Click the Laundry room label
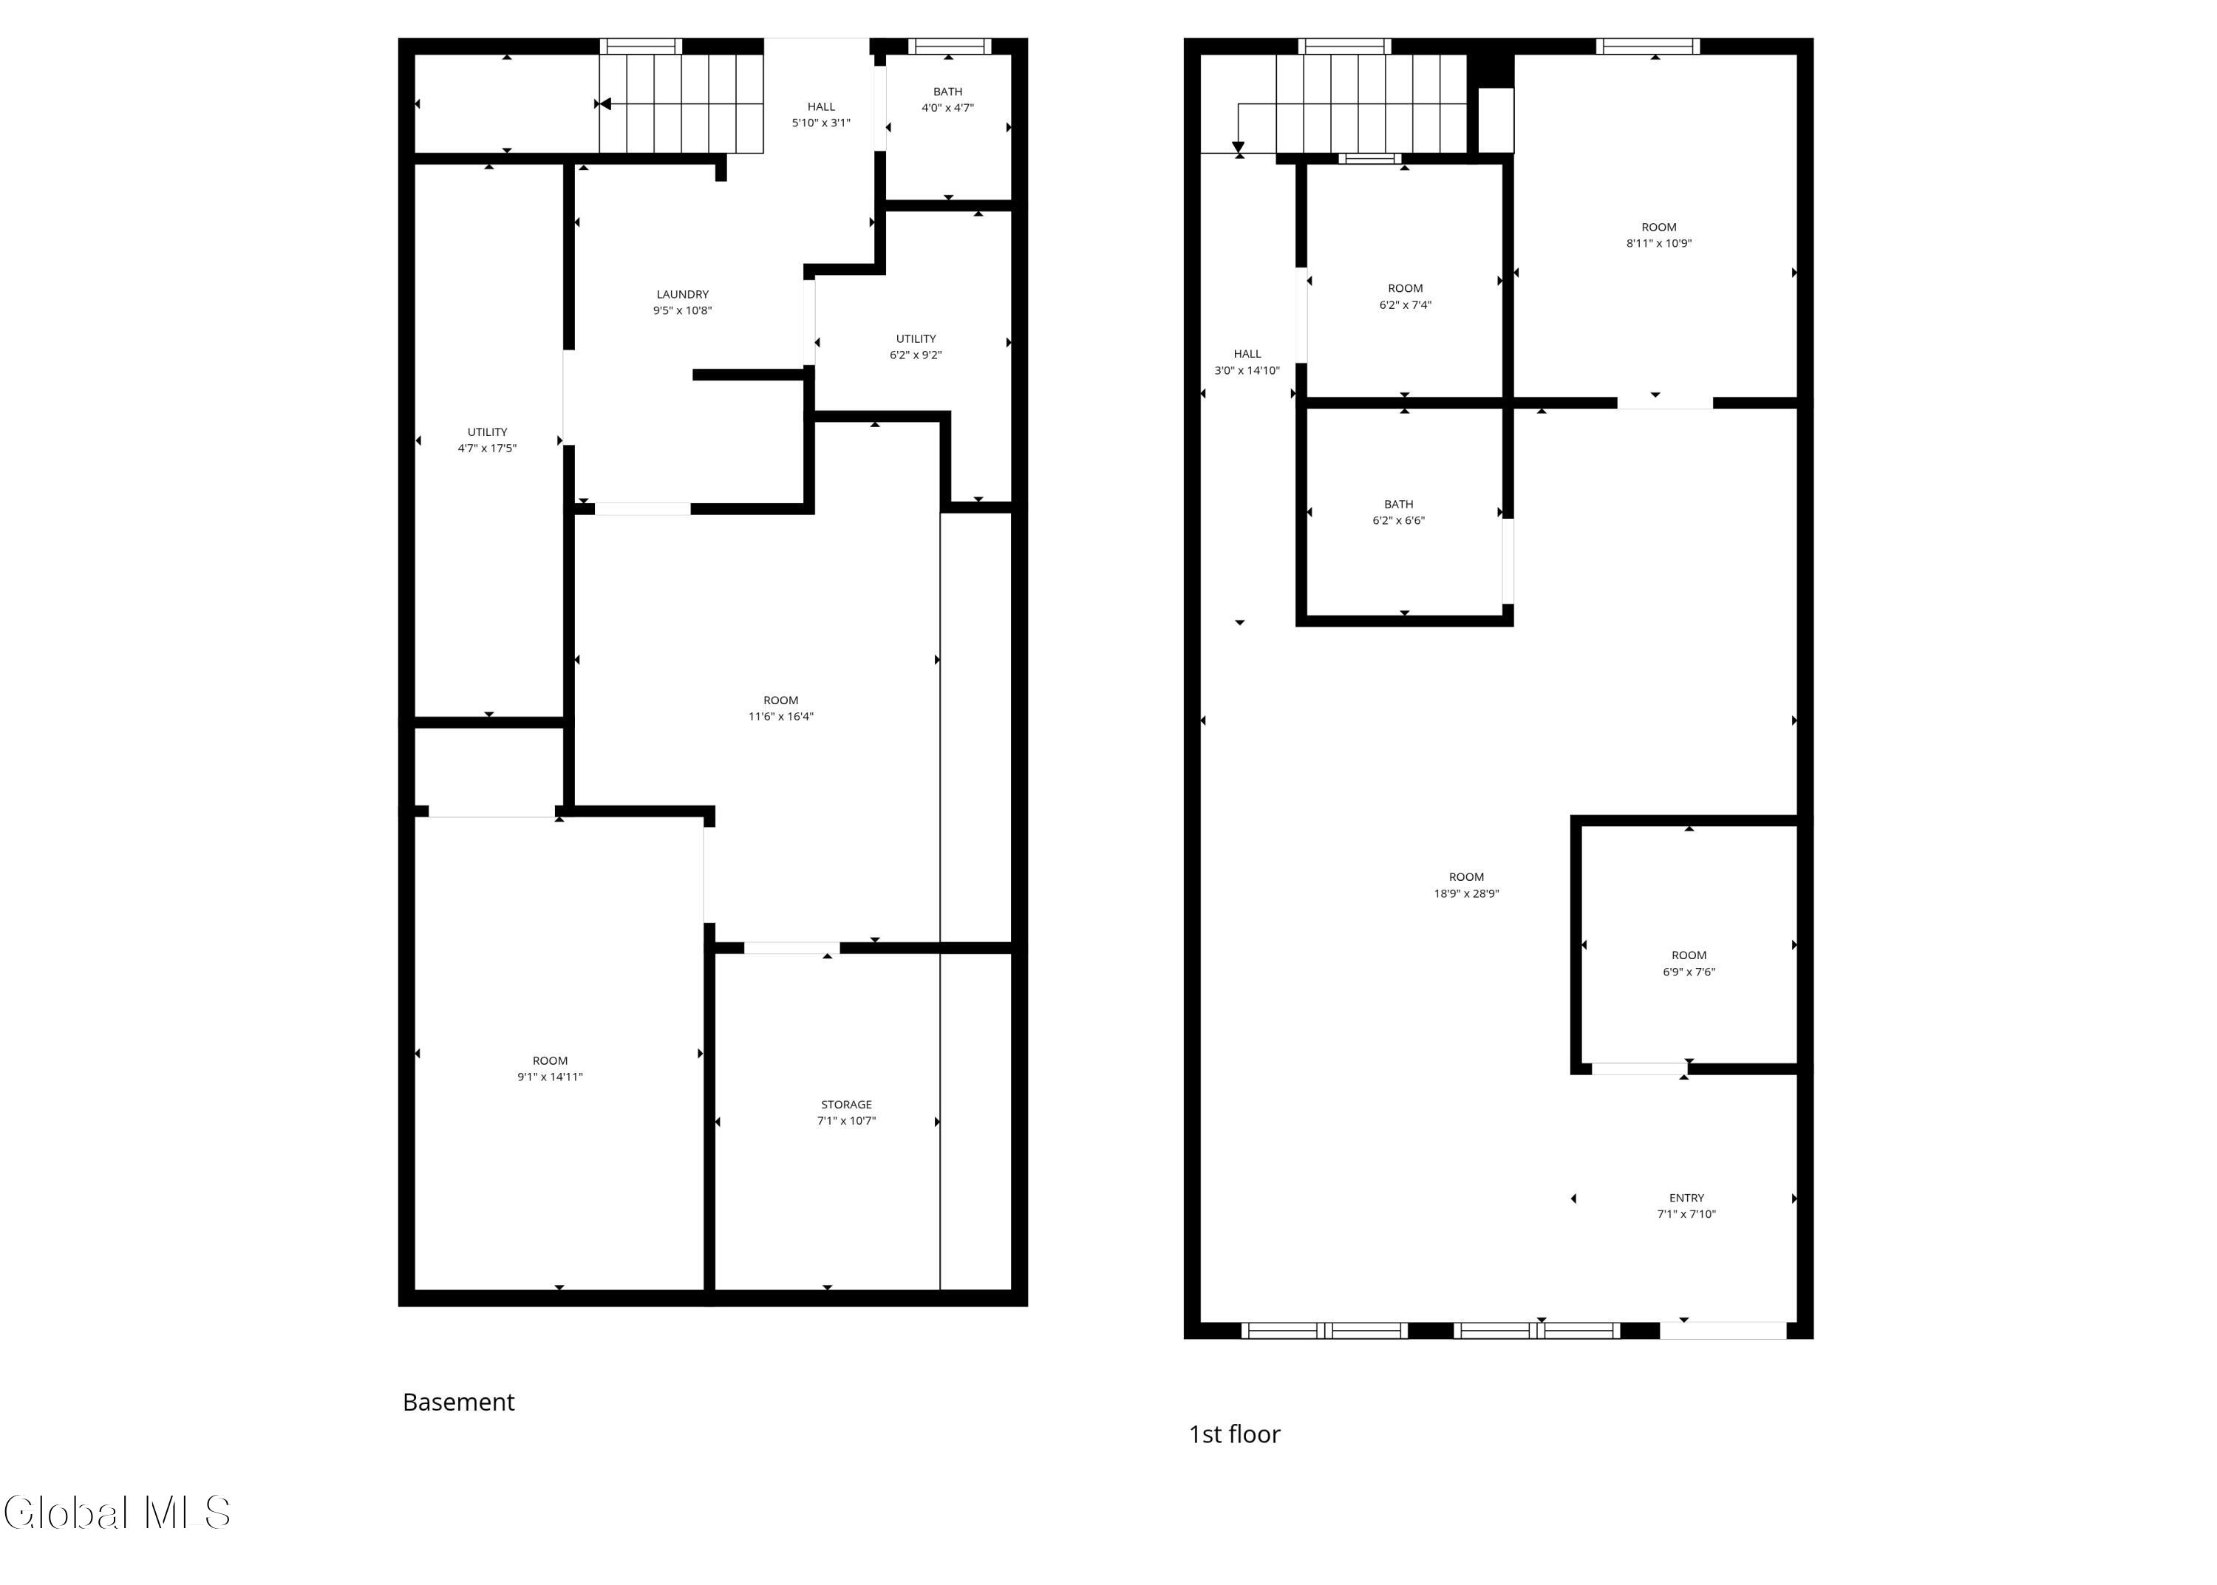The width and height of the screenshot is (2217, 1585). click(682, 294)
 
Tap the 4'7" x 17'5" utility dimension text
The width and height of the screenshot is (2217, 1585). click(487, 448)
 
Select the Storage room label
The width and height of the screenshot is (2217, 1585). click(846, 1104)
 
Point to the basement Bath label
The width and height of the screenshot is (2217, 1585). click(947, 92)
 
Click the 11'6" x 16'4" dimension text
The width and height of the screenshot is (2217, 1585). click(780, 716)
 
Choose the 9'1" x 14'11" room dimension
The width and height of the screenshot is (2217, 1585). click(551, 1077)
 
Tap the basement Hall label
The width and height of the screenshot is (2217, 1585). click(820, 106)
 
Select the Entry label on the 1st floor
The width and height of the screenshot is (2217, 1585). click(1686, 1198)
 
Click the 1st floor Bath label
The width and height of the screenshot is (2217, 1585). click(1398, 505)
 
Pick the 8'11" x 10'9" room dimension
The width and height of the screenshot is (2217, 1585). click(1659, 244)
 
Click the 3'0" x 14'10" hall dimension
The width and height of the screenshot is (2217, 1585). click(1247, 371)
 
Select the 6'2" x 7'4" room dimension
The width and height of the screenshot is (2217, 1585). click(1405, 304)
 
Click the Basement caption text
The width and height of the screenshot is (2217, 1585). click(459, 1402)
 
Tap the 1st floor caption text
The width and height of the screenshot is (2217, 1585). click(1234, 1434)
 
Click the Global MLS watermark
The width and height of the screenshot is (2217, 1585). click(117, 1513)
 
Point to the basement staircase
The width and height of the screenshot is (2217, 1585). click(680, 103)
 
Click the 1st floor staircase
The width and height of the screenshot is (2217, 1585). click(1371, 103)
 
